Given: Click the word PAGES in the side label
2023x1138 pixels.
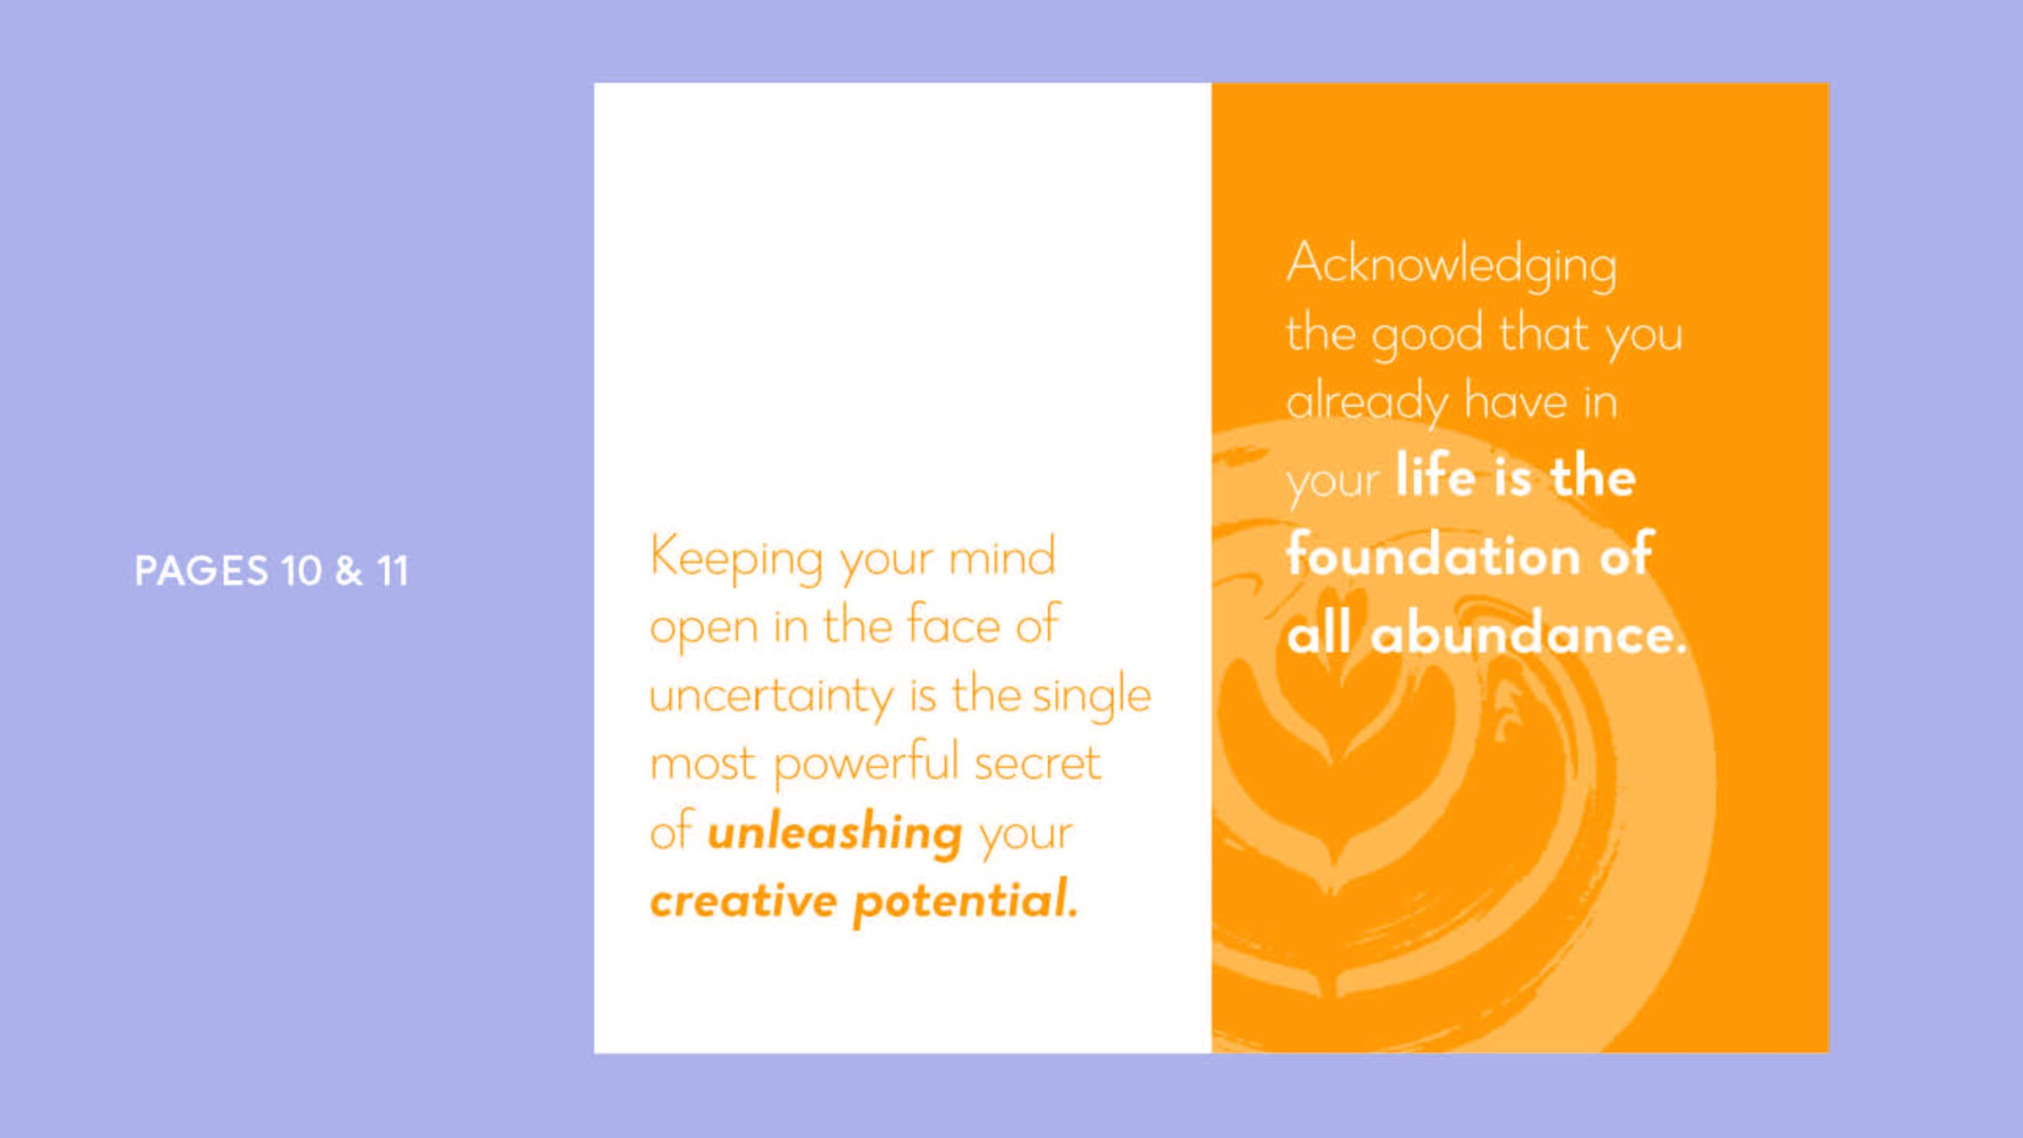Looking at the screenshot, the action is (x=202, y=571).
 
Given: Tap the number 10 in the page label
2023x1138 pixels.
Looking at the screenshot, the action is (x=301, y=571).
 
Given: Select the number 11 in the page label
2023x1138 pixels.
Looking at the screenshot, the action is (x=392, y=571).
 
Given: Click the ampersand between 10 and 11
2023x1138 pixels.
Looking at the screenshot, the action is (x=348, y=571).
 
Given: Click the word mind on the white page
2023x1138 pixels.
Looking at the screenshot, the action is (x=1002, y=556).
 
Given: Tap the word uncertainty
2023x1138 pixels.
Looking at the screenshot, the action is (x=771, y=696).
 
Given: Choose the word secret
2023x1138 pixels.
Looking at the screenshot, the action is (x=1037, y=764).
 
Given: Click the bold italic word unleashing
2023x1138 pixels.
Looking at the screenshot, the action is (x=834, y=833).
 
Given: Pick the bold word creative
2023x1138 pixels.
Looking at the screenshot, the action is (x=744, y=901).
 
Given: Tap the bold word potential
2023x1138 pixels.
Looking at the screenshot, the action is (x=966, y=901).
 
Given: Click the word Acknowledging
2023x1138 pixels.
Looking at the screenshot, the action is (x=1452, y=265).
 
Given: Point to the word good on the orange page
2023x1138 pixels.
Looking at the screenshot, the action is (x=1427, y=335).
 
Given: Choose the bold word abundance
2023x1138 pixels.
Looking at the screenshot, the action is (x=1528, y=634).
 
